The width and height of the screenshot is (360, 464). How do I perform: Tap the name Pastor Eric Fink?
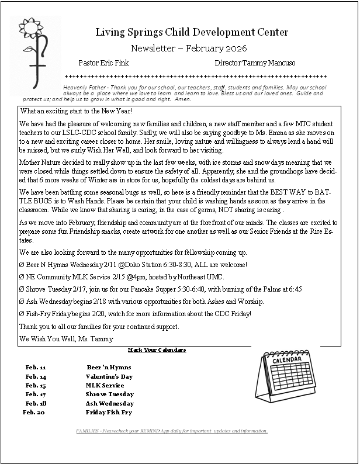(103, 63)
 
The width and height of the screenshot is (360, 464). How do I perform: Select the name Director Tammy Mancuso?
(255, 63)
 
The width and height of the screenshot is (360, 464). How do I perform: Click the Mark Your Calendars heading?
(157, 350)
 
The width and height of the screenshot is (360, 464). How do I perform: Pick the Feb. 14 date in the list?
(36, 377)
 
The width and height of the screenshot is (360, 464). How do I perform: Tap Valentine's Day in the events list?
(109, 377)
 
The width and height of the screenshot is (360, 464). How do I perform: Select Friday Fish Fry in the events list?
(109, 413)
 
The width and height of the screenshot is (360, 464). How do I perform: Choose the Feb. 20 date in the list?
(34, 413)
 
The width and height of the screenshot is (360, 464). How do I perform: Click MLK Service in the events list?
(105, 386)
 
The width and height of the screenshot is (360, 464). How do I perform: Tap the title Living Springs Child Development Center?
(192, 32)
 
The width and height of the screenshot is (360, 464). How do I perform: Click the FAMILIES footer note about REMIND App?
(172, 431)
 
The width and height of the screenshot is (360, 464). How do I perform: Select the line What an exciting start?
(76, 111)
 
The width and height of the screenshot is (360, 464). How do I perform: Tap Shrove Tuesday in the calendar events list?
(109, 394)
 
